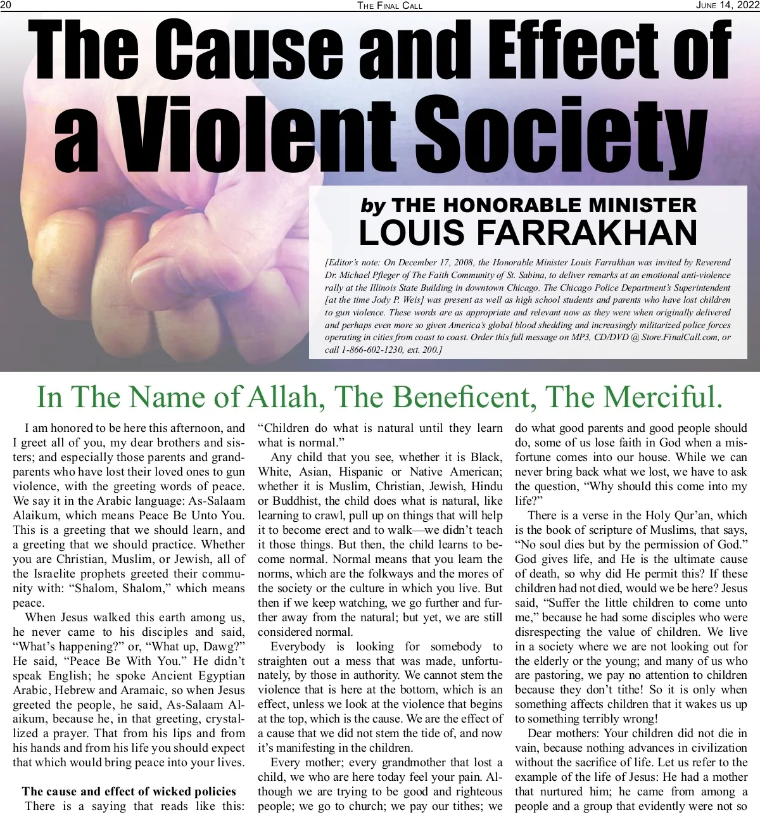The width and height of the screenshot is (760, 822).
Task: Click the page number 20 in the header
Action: click(x=6, y=5)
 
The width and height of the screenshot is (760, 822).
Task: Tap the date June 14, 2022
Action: click(x=727, y=5)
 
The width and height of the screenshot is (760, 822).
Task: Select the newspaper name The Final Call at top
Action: click(x=389, y=6)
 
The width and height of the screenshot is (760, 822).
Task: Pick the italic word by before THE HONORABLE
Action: click(x=373, y=205)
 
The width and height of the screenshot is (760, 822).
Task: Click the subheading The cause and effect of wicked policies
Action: click(x=129, y=792)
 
